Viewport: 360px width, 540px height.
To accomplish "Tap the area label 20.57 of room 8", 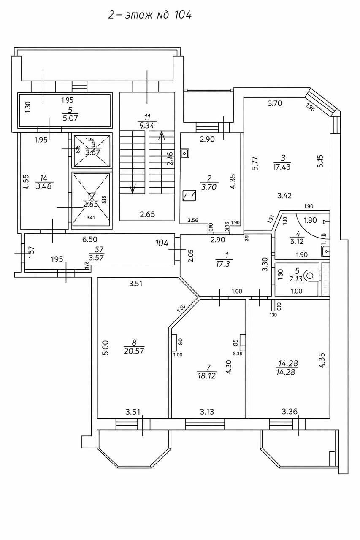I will pyautogui.click(x=134, y=350).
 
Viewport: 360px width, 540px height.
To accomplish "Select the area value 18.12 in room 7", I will pyautogui.click(x=206, y=375).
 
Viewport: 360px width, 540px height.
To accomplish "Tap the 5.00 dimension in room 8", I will pyautogui.click(x=106, y=348).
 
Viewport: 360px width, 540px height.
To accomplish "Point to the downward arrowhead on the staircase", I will pyautogui.click(x=133, y=190).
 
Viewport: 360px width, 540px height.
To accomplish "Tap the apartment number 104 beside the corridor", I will pyautogui.click(x=162, y=243).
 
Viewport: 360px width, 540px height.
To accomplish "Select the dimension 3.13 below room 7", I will pyautogui.click(x=207, y=411).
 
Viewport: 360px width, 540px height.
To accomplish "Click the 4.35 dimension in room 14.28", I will pyautogui.click(x=322, y=360).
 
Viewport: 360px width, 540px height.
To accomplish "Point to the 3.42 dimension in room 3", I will pyautogui.click(x=285, y=195).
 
